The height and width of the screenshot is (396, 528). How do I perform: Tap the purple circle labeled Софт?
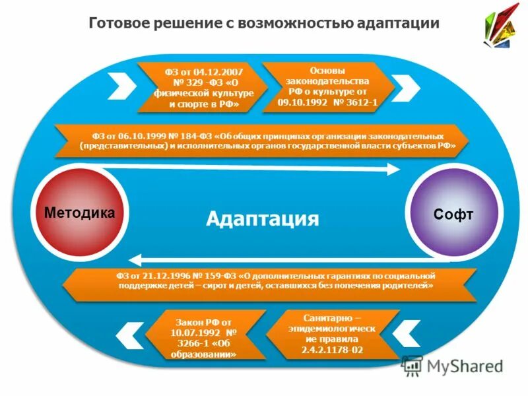(x=453, y=213)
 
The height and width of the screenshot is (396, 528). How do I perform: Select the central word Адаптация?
(x=262, y=218)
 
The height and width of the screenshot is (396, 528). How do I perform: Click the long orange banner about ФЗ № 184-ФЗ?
(x=264, y=141)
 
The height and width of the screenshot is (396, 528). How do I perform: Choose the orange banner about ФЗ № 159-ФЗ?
(x=267, y=281)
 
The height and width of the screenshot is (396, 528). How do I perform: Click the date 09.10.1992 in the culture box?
(x=300, y=102)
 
